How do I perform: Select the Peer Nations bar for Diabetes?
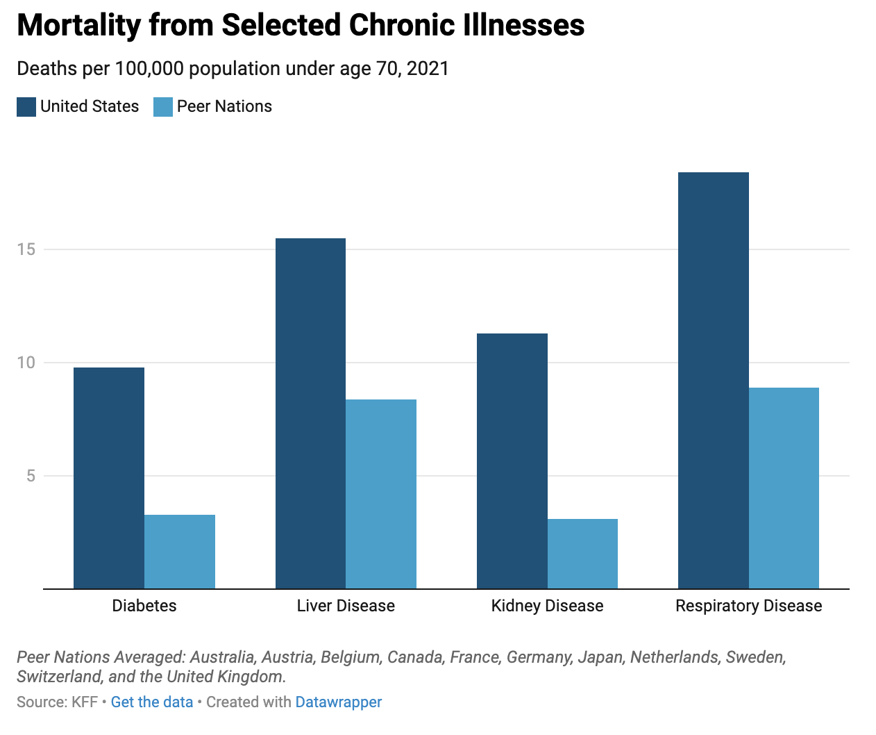(x=180, y=552)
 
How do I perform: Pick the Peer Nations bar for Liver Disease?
(x=381, y=494)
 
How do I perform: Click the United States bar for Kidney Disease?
(x=512, y=461)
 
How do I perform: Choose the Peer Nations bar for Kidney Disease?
(x=582, y=554)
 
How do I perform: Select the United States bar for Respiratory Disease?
(x=714, y=381)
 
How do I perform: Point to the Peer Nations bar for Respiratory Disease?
(x=784, y=488)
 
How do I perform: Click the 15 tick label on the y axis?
(x=26, y=249)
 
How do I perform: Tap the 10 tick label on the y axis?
(x=26, y=363)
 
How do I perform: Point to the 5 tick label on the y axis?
(x=31, y=476)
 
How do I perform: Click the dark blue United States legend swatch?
(x=26, y=107)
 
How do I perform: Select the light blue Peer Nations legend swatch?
(x=163, y=107)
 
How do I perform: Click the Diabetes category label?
(x=144, y=606)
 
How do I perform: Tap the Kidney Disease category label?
(x=547, y=606)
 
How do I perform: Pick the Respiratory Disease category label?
(x=748, y=606)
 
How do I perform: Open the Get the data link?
(x=152, y=702)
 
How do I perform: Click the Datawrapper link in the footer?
(x=339, y=702)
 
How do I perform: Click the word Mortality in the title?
(x=78, y=26)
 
